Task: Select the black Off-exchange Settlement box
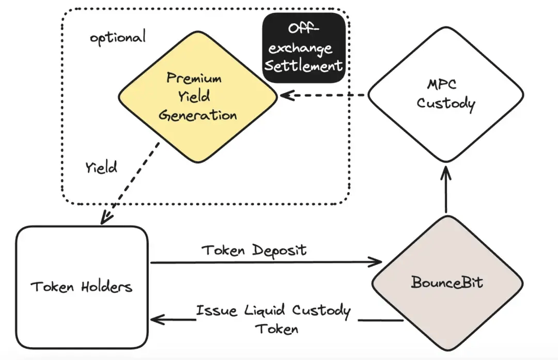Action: [304, 49]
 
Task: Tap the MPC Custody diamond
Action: [445, 95]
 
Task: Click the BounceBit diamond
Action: [447, 283]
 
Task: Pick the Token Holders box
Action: [82, 287]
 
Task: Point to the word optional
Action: [118, 37]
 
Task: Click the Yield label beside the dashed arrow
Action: [101, 167]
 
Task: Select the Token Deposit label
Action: [254, 251]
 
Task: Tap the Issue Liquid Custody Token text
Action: [273, 319]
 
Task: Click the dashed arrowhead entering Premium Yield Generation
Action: [285, 96]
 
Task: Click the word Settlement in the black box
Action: [304, 66]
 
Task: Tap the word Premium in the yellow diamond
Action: [194, 79]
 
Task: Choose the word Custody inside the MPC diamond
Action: [445, 103]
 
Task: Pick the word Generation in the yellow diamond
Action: [198, 115]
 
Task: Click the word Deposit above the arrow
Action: [279, 251]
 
